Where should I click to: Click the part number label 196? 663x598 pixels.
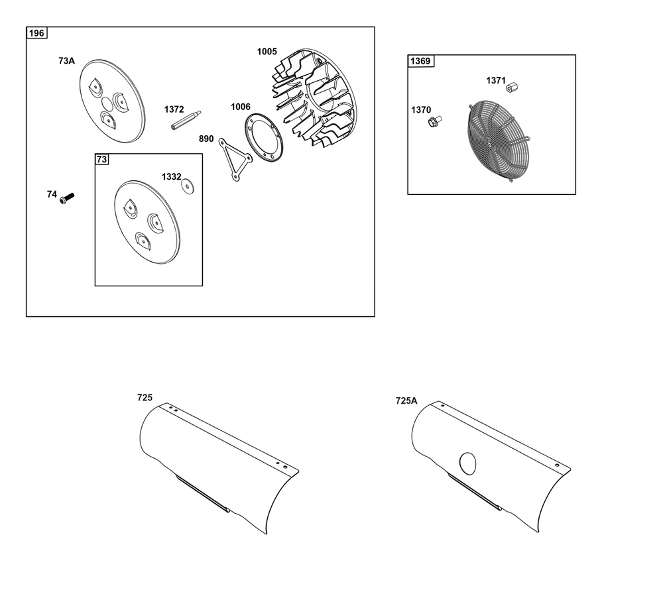36,33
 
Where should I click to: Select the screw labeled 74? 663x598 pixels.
67,198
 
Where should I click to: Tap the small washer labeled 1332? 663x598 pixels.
188,186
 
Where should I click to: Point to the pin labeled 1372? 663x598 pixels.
186,121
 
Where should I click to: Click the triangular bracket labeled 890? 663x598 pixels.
235,160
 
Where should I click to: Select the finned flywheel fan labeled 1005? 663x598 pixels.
314,97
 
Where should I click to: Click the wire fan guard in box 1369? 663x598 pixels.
499,141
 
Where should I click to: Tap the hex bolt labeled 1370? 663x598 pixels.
434,122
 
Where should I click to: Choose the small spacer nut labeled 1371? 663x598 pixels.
512,88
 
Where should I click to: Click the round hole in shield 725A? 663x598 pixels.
467,463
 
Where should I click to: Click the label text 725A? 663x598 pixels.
406,400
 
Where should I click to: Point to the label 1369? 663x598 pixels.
420,61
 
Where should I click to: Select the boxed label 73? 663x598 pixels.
102,159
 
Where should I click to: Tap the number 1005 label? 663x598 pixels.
267,52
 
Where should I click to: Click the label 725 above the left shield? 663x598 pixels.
145,398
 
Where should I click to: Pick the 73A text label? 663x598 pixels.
66,61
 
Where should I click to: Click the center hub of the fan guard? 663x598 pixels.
490,145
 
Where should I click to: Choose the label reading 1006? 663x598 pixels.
240,107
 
